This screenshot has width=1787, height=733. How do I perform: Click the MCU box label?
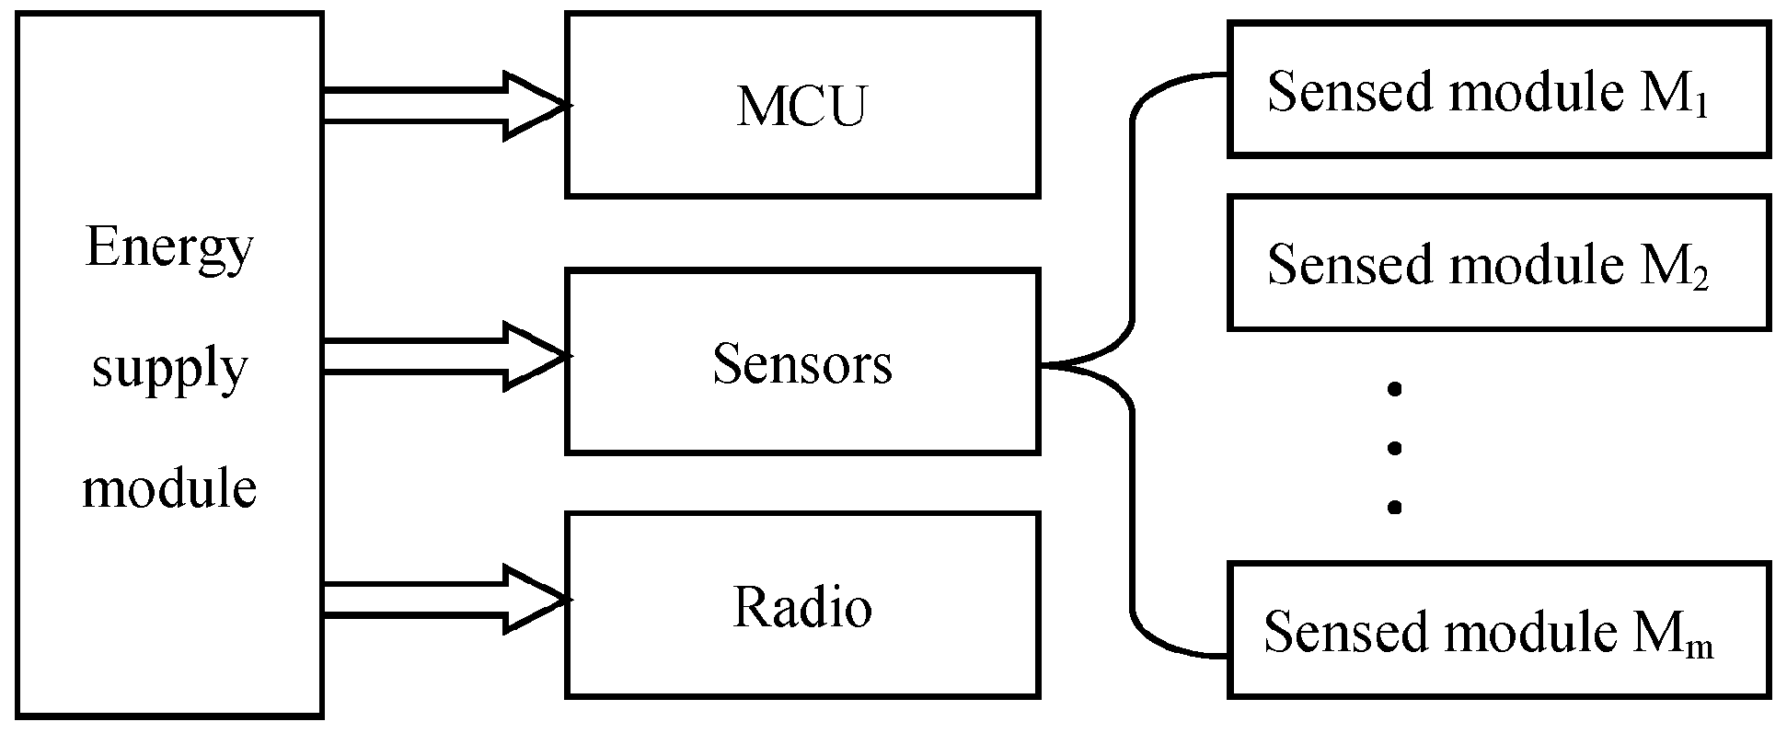click(x=801, y=107)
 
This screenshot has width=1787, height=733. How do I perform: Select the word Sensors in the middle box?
click(x=801, y=364)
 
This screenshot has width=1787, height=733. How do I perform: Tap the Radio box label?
click(x=801, y=608)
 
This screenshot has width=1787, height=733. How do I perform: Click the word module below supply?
click(x=169, y=487)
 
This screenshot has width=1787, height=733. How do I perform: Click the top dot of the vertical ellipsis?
click(x=1395, y=390)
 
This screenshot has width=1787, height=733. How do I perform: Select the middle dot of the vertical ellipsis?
click(x=1395, y=448)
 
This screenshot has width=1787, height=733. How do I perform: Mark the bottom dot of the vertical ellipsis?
click(x=1395, y=507)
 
